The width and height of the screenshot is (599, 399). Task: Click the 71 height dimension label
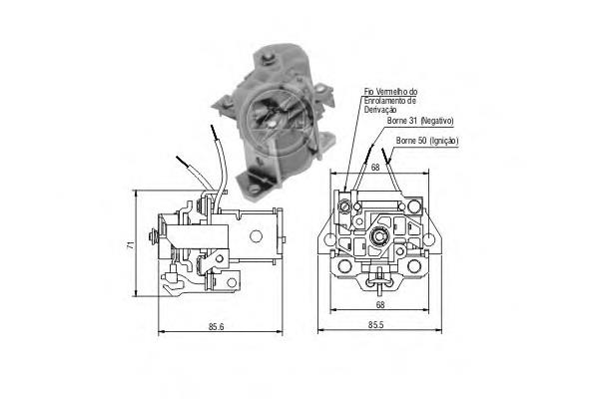(x=131, y=244)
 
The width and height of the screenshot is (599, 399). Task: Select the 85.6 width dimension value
(x=217, y=327)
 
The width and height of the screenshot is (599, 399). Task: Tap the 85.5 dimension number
(x=376, y=325)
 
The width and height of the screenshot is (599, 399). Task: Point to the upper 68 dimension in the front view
(x=375, y=168)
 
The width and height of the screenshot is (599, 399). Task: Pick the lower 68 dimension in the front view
(x=380, y=304)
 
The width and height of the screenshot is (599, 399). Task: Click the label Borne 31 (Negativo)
(x=420, y=121)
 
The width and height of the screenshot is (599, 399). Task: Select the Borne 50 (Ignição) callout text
(x=427, y=141)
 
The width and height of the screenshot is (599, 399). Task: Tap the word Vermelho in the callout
(x=391, y=92)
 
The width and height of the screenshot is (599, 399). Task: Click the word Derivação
(x=380, y=110)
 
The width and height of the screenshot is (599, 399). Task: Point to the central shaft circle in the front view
(x=379, y=236)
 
